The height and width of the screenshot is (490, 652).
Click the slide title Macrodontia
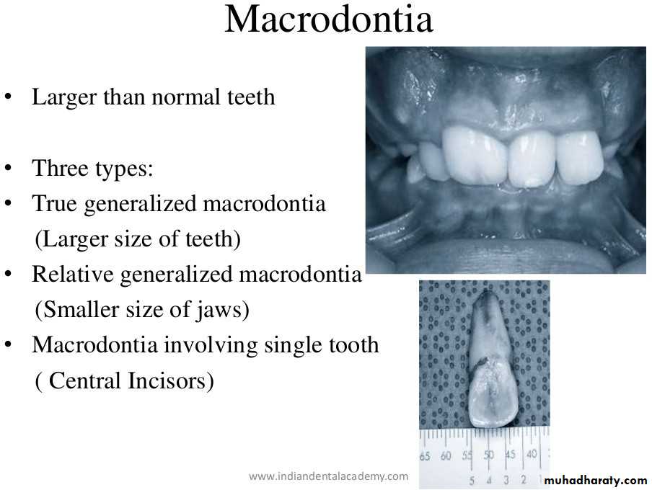pos(329,19)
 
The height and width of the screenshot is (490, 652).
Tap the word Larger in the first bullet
pos(64,98)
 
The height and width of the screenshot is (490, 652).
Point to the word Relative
pos(72,275)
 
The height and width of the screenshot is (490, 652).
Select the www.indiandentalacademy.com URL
pos(328,476)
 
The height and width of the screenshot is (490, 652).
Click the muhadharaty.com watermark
pos(596,481)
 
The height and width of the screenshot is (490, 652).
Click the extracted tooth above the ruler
pos(493,360)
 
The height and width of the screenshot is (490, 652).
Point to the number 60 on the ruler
pos(445,456)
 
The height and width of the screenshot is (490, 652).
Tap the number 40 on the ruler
pos(532,454)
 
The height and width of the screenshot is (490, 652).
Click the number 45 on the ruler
pos(510,454)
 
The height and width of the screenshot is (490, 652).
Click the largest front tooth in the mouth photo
pos(475,156)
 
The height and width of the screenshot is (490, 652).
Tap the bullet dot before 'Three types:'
pos(9,168)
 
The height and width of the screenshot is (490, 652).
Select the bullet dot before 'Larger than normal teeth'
pos(9,97)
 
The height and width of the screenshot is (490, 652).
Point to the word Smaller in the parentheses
pos(81,310)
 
